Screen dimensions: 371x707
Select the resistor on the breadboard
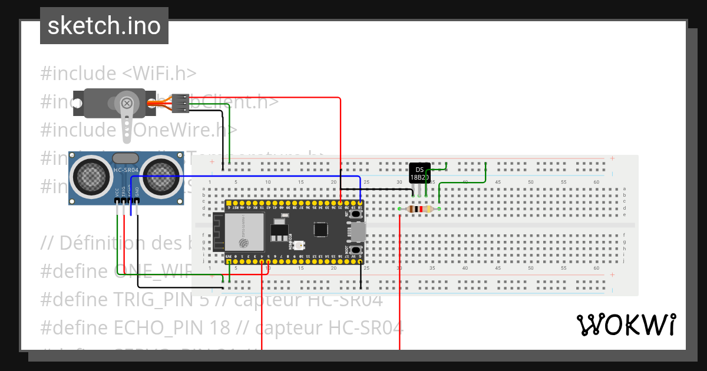tap(419, 209)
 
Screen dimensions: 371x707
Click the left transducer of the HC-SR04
tap(90, 174)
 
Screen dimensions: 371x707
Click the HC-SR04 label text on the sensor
tap(125, 171)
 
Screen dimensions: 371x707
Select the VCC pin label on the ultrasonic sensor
tap(117, 192)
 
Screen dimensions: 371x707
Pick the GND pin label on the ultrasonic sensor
tap(137, 192)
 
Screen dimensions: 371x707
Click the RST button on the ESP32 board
tap(356, 215)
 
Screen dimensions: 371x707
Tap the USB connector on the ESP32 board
tap(358, 233)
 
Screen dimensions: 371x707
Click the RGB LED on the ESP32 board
tap(299, 244)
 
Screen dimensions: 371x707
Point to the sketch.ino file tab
tap(104, 26)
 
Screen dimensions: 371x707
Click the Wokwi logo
tap(626, 324)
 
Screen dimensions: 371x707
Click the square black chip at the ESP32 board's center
tap(321, 229)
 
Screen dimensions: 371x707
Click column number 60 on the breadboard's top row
tap(597, 182)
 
